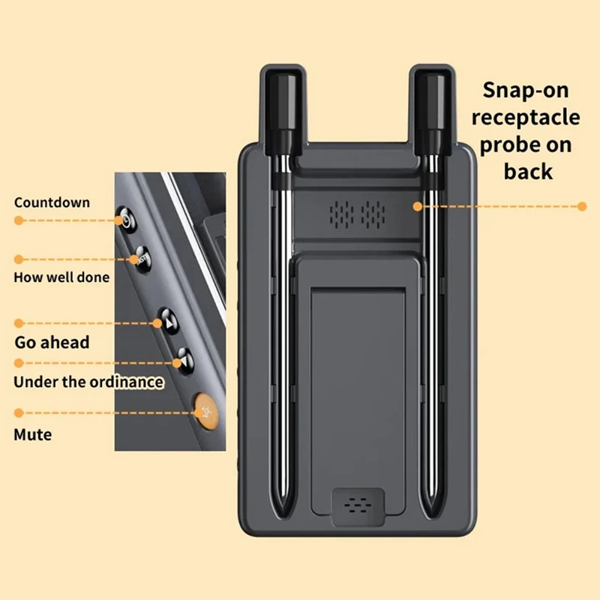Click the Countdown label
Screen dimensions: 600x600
click(52, 202)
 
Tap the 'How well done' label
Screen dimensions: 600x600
click(61, 277)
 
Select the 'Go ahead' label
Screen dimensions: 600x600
click(52, 343)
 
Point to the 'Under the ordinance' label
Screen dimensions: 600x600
click(88, 382)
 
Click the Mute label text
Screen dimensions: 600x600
click(33, 434)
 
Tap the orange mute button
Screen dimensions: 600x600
click(205, 410)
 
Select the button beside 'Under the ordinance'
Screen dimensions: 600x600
click(181, 361)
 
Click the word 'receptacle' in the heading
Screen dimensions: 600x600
click(525, 117)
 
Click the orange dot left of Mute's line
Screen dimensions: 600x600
click(19, 412)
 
